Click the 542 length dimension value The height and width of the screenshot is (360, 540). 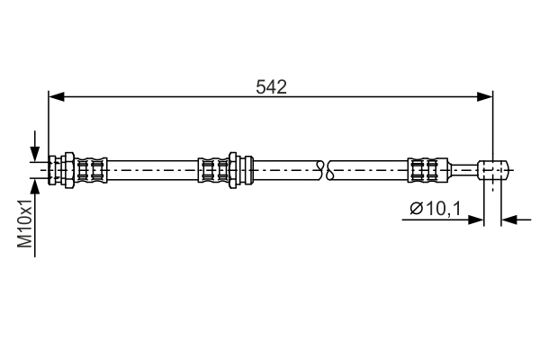coord(271,87)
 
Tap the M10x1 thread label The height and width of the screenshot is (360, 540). coord(26,224)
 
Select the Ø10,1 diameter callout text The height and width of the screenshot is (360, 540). coord(436,209)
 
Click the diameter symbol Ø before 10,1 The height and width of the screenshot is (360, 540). coord(416,209)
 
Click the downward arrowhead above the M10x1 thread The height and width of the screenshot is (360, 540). coord(35,153)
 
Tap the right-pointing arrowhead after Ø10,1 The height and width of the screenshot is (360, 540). coord(478,219)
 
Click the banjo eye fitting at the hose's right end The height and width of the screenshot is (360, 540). coord(494,168)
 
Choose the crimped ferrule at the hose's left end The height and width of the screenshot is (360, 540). coord(91,168)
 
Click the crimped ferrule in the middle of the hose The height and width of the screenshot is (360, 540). coord(212,168)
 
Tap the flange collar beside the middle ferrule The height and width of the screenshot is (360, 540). coord(235,168)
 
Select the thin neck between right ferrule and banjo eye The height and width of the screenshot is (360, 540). coord(460,168)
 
